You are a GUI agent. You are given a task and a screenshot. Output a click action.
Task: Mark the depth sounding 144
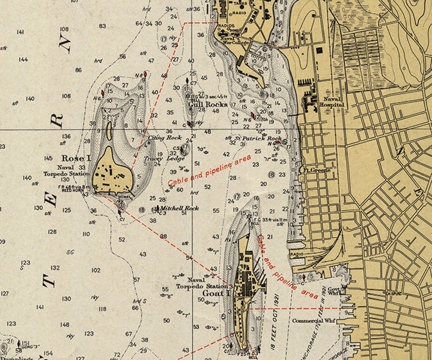pyautogui.click(x=23, y=59)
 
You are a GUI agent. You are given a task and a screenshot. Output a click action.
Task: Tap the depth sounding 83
pyautogui.click(x=102, y=26)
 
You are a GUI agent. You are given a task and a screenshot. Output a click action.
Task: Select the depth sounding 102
pyautogui.click(x=96, y=270)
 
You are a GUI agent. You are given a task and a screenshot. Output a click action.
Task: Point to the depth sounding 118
pyautogui.click(x=102, y=309)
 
